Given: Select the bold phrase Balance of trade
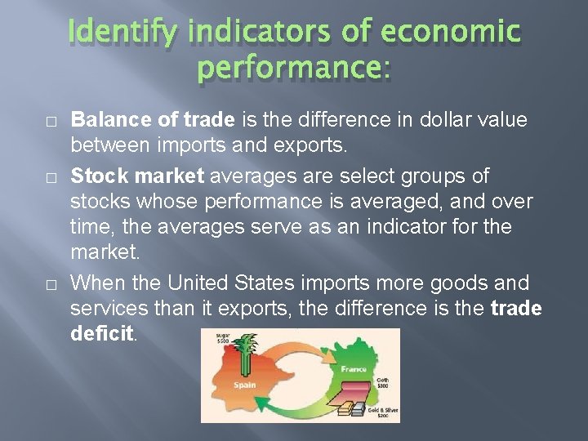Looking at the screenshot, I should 154,120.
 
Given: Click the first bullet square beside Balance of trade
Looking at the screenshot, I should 51,121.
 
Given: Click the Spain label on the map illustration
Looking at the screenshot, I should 244,385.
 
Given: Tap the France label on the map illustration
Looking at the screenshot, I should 354,368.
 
